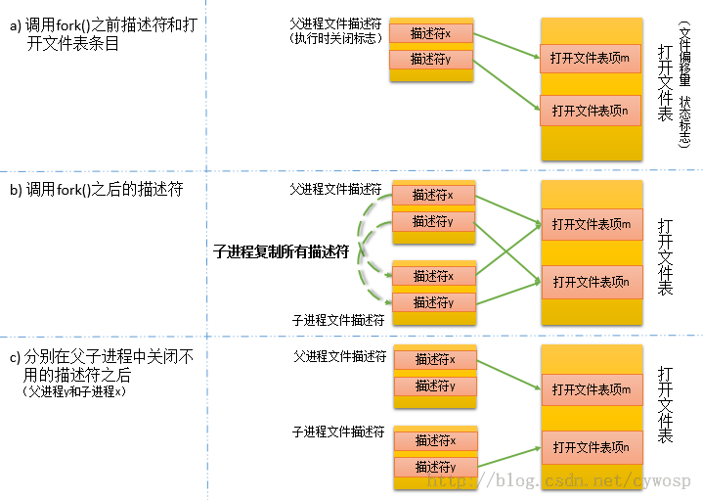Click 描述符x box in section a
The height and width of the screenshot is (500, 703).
point(431,33)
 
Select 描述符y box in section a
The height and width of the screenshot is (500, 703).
point(431,60)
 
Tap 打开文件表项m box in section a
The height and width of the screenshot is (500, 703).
point(590,57)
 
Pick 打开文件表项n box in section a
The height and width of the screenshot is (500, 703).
point(590,111)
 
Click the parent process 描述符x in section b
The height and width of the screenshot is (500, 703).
point(433,196)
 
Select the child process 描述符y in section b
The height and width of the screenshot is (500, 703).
point(433,302)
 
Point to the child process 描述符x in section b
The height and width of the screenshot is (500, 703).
point(433,276)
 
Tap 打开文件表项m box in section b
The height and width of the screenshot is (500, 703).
point(592,224)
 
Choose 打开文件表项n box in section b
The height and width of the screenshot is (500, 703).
point(592,282)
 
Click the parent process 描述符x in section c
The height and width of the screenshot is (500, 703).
point(435,360)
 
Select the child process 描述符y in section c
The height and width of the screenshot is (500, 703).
point(435,467)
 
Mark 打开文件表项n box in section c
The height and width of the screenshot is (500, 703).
point(592,447)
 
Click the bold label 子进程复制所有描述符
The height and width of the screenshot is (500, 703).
point(282,251)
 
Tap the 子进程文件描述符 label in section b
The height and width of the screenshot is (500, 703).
point(337,319)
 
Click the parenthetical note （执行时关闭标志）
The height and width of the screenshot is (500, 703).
point(335,39)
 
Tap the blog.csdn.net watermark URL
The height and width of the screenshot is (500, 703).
point(561,481)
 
